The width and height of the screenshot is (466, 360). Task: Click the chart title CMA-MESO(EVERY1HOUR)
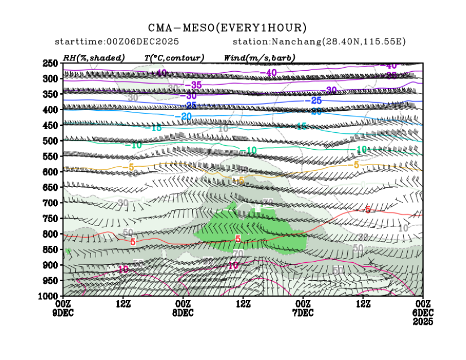click(227, 28)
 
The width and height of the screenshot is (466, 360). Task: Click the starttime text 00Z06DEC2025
click(116, 42)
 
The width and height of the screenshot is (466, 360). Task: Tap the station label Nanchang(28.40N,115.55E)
click(319, 42)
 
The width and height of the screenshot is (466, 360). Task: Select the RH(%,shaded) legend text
click(94, 58)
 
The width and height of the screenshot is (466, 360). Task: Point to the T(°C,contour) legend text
click(174, 58)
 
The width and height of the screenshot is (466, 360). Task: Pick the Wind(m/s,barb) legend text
click(259, 58)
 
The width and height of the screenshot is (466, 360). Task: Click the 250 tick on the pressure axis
click(51, 63)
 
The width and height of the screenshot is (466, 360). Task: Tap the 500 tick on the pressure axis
click(51, 141)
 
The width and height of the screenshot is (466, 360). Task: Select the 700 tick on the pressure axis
click(51, 203)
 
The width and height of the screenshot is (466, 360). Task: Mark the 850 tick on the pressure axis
click(51, 249)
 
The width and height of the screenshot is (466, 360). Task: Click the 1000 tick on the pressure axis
click(49, 296)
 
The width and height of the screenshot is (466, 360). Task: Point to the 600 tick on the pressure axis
click(51, 172)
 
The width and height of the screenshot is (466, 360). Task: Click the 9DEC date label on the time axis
click(63, 313)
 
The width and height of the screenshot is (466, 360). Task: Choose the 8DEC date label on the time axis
click(183, 313)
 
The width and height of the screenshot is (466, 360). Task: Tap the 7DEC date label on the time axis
click(303, 313)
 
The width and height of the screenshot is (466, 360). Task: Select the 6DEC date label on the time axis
click(423, 313)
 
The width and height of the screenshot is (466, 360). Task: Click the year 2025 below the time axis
click(423, 321)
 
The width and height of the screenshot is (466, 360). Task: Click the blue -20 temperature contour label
click(183, 116)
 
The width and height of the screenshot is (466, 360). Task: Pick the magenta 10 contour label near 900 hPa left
click(123, 269)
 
